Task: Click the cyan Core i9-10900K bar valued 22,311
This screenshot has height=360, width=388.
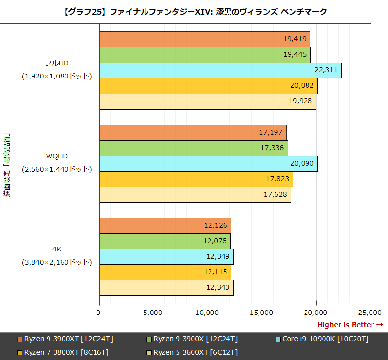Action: [x=220, y=70]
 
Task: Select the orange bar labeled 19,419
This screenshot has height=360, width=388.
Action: [x=205, y=39]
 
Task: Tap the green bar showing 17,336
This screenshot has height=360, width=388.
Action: [x=194, y=148]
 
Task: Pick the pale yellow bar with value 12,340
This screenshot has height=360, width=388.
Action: [x=166, y=287]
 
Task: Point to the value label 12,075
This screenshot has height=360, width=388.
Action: [x=215, y=241]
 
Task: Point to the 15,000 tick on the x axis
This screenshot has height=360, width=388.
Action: [x=262, y=313]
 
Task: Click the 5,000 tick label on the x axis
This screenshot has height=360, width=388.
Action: [x=153, y=313]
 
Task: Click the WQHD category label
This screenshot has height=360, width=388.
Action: [x=57, y=156]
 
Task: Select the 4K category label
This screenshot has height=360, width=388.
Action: [x=57, y=249]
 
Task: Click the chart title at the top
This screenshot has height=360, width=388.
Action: [x=194, y=11]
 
